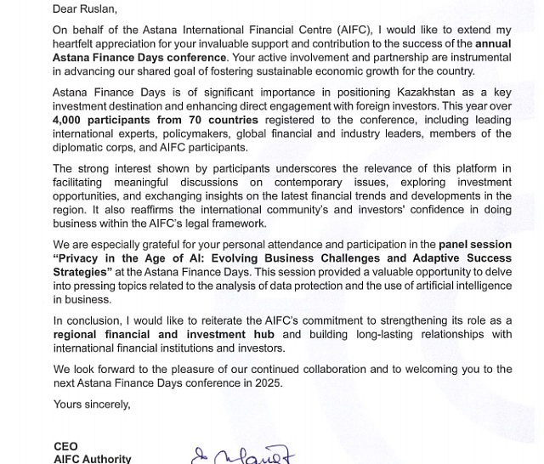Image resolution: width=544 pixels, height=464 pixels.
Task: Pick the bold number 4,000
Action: click(70, 120)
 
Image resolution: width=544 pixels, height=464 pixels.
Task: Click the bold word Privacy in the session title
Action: click(82, 258)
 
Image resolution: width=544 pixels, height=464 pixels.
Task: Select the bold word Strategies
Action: click(82, 272)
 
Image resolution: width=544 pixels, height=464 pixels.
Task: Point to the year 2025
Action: click(267, 383)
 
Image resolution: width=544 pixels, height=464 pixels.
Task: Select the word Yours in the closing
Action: click(68, 404)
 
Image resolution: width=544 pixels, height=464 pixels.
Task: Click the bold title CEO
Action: click(65, 446)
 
